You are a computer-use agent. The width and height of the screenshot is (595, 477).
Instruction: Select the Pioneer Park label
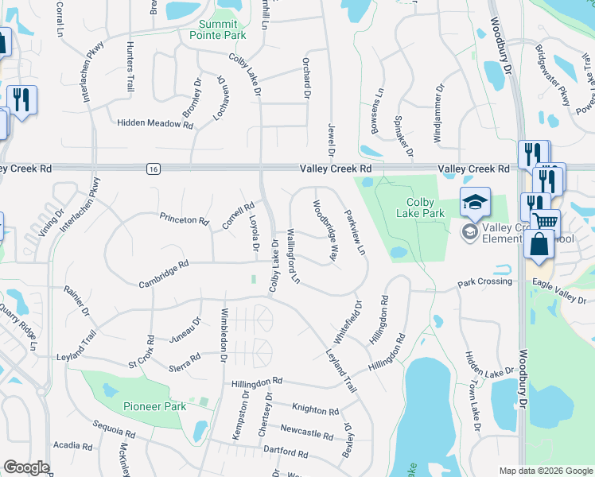(x=154, y=406)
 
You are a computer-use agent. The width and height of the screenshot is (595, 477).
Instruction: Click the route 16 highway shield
(x=153, y=169)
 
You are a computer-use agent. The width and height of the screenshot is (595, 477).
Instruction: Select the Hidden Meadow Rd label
(x=155, y=124)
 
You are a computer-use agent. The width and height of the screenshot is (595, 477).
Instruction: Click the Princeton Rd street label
(x=184, y=219)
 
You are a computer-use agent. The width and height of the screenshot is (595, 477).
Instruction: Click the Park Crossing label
(x=485, y=283)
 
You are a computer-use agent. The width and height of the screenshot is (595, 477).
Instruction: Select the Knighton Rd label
(x=315, y=410)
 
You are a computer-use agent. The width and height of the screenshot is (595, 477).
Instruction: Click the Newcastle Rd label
(x=306, y=434)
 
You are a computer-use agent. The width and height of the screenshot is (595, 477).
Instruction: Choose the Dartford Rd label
(x=287, y=453)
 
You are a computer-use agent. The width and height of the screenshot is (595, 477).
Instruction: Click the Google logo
(x=26, y=467)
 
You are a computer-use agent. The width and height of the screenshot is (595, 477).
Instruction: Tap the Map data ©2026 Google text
(x=545, y=471)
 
